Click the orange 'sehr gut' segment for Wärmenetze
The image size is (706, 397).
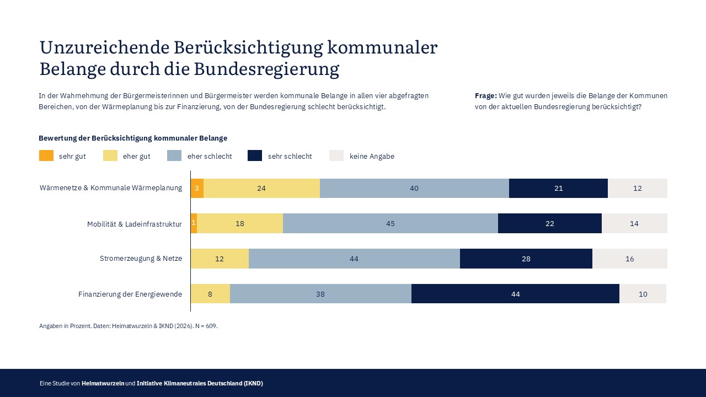click(x=197, y=188)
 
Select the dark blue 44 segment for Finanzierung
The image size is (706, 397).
click(x=515, y=294)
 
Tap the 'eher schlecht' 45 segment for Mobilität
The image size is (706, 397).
click(x=391, y=223)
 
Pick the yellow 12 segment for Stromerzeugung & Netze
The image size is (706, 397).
click(x=220, y=259)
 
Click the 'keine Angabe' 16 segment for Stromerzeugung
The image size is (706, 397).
click(x=630, y=259)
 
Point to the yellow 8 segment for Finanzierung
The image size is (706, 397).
click(x=210, y=294)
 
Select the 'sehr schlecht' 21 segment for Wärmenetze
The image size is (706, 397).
click(x=558, y=188)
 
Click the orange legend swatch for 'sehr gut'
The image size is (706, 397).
click(x=46, y=156)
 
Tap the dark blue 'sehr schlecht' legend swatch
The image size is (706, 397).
click(x=255, y=156)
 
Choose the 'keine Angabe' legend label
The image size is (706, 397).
click(x=372, y=157)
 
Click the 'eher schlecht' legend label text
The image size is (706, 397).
click(x=210, y=157)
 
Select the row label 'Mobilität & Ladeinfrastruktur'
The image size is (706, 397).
click(x=135, y=224)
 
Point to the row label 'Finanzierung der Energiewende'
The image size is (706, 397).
click(x=130, y=294)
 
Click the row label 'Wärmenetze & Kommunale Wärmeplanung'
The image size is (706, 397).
click(x=111, y=188)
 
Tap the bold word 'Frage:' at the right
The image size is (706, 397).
click(x=486, y=95)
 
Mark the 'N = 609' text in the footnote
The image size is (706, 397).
click(x=206, y=326)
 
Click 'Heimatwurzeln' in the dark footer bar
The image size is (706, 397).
click(x=103, y=383)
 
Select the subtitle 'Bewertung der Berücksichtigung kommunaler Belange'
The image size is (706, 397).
click(x=133, y=138)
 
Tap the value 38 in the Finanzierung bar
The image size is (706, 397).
click(x=320, y=294)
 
